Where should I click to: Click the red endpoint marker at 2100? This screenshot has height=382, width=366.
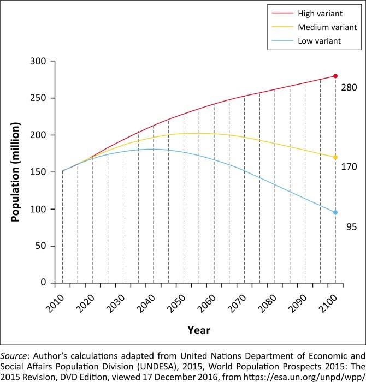(x=335, y=76)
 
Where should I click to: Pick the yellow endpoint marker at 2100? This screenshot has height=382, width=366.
(x=335, y=157)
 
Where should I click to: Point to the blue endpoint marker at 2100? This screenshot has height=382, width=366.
(x=335, y=212)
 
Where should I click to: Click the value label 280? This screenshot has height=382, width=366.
(x=349, y=87)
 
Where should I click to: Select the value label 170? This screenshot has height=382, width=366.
(x=349, y=167)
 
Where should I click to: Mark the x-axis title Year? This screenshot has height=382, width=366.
(x=199, y=330)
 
